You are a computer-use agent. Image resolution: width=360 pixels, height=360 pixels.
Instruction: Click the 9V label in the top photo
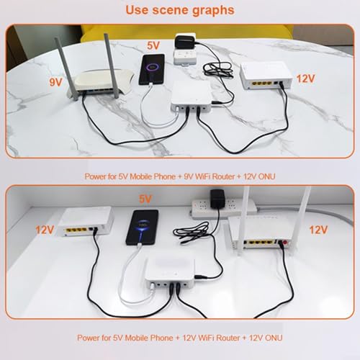55,82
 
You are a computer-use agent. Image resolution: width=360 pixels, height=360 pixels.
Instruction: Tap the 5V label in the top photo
153,45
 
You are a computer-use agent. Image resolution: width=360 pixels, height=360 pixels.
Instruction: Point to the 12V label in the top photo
305,78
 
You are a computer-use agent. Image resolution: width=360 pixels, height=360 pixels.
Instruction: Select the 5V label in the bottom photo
145,199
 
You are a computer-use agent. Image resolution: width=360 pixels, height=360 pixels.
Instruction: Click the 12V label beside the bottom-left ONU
45,230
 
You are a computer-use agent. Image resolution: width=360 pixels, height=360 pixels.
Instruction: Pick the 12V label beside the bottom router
318,230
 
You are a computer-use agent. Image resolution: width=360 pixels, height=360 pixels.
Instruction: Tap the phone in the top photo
152,70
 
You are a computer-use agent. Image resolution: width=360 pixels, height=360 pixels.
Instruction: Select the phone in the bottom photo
143,228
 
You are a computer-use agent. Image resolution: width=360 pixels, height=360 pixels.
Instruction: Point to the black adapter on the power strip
218,199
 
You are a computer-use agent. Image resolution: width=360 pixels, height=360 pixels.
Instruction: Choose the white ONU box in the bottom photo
86,221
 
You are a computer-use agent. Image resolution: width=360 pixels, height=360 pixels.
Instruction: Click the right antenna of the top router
111,66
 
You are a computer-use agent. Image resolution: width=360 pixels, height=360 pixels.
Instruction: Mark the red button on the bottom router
285,243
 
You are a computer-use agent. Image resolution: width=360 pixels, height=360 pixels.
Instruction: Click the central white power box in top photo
191,96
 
